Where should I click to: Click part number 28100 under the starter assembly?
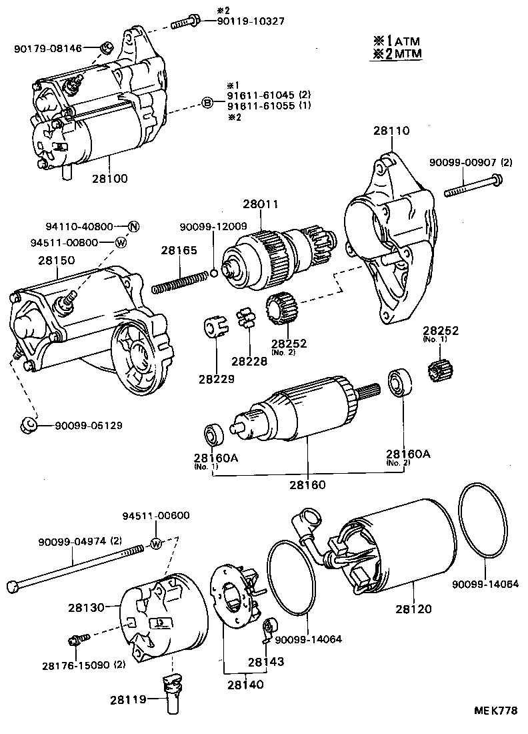pos(110,179)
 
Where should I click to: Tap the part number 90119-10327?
pos(251,21)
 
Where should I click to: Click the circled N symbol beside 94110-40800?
pos(133,226)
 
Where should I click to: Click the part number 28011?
pos(260,204)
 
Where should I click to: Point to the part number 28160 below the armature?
pos(308,484)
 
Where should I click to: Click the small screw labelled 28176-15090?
pos(74,641)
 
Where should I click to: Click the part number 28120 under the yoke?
pos(413,609)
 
